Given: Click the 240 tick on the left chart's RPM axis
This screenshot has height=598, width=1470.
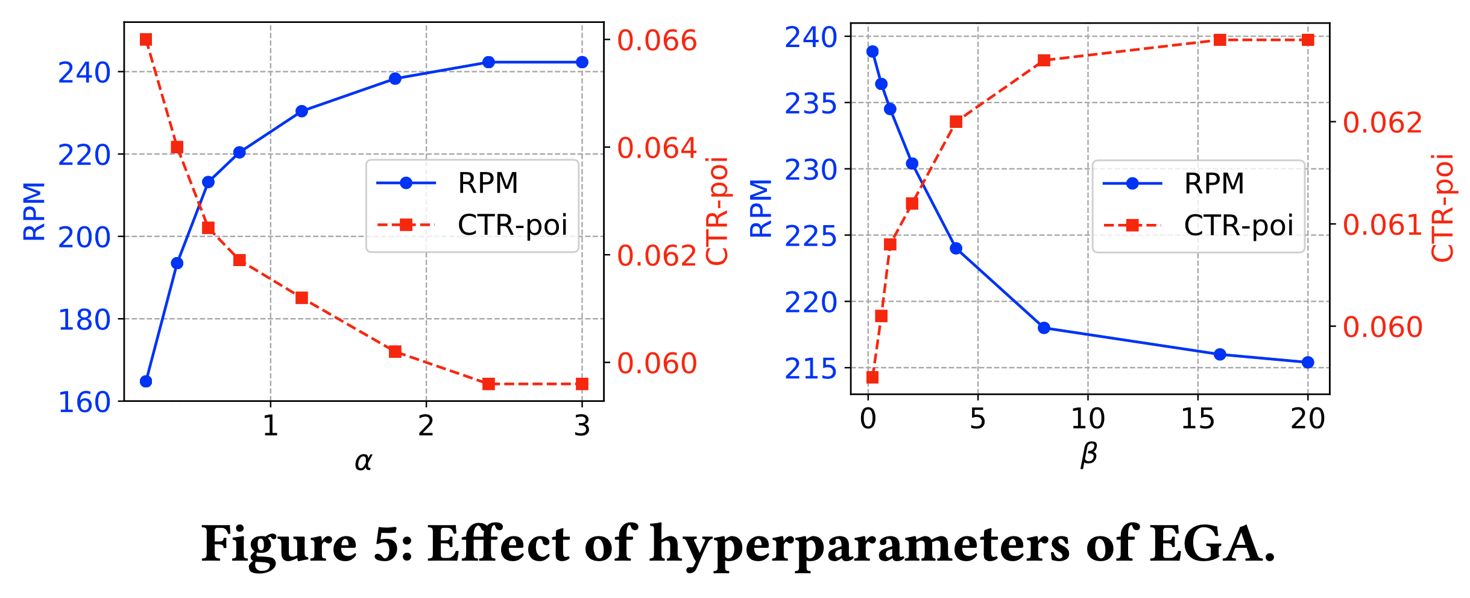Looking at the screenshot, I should (84, 73).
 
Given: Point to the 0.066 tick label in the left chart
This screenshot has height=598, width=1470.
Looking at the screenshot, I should (657, 40).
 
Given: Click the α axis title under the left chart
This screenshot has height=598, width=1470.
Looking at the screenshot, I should (363, 462).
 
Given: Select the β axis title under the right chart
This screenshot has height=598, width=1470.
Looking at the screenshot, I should (1088, 454).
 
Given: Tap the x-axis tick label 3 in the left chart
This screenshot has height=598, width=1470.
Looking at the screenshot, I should (582, 426).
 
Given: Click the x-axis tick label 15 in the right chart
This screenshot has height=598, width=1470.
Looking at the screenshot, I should (1197, 419).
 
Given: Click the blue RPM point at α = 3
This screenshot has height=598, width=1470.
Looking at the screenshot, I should (582, 62).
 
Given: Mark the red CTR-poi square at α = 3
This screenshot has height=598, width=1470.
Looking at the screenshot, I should (582, 384).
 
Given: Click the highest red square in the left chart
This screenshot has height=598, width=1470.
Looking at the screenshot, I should (146, 40).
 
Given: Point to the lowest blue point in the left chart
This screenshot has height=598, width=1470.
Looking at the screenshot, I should (146, 381).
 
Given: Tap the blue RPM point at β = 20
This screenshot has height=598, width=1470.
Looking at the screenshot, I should (1308, 363).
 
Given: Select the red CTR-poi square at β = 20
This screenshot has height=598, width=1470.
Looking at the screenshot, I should (1308, 40).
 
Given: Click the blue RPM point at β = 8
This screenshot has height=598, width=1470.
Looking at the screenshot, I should (1044, 328).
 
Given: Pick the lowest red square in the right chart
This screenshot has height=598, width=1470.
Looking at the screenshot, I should (872, 378).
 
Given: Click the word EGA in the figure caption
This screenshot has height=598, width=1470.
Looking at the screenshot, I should (1212, 544).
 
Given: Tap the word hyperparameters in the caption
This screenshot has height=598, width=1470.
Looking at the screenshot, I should (859, 545).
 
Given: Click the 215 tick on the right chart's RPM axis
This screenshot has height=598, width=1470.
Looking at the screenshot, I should (810, 369).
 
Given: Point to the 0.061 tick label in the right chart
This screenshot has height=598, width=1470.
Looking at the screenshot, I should (1383, 225).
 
